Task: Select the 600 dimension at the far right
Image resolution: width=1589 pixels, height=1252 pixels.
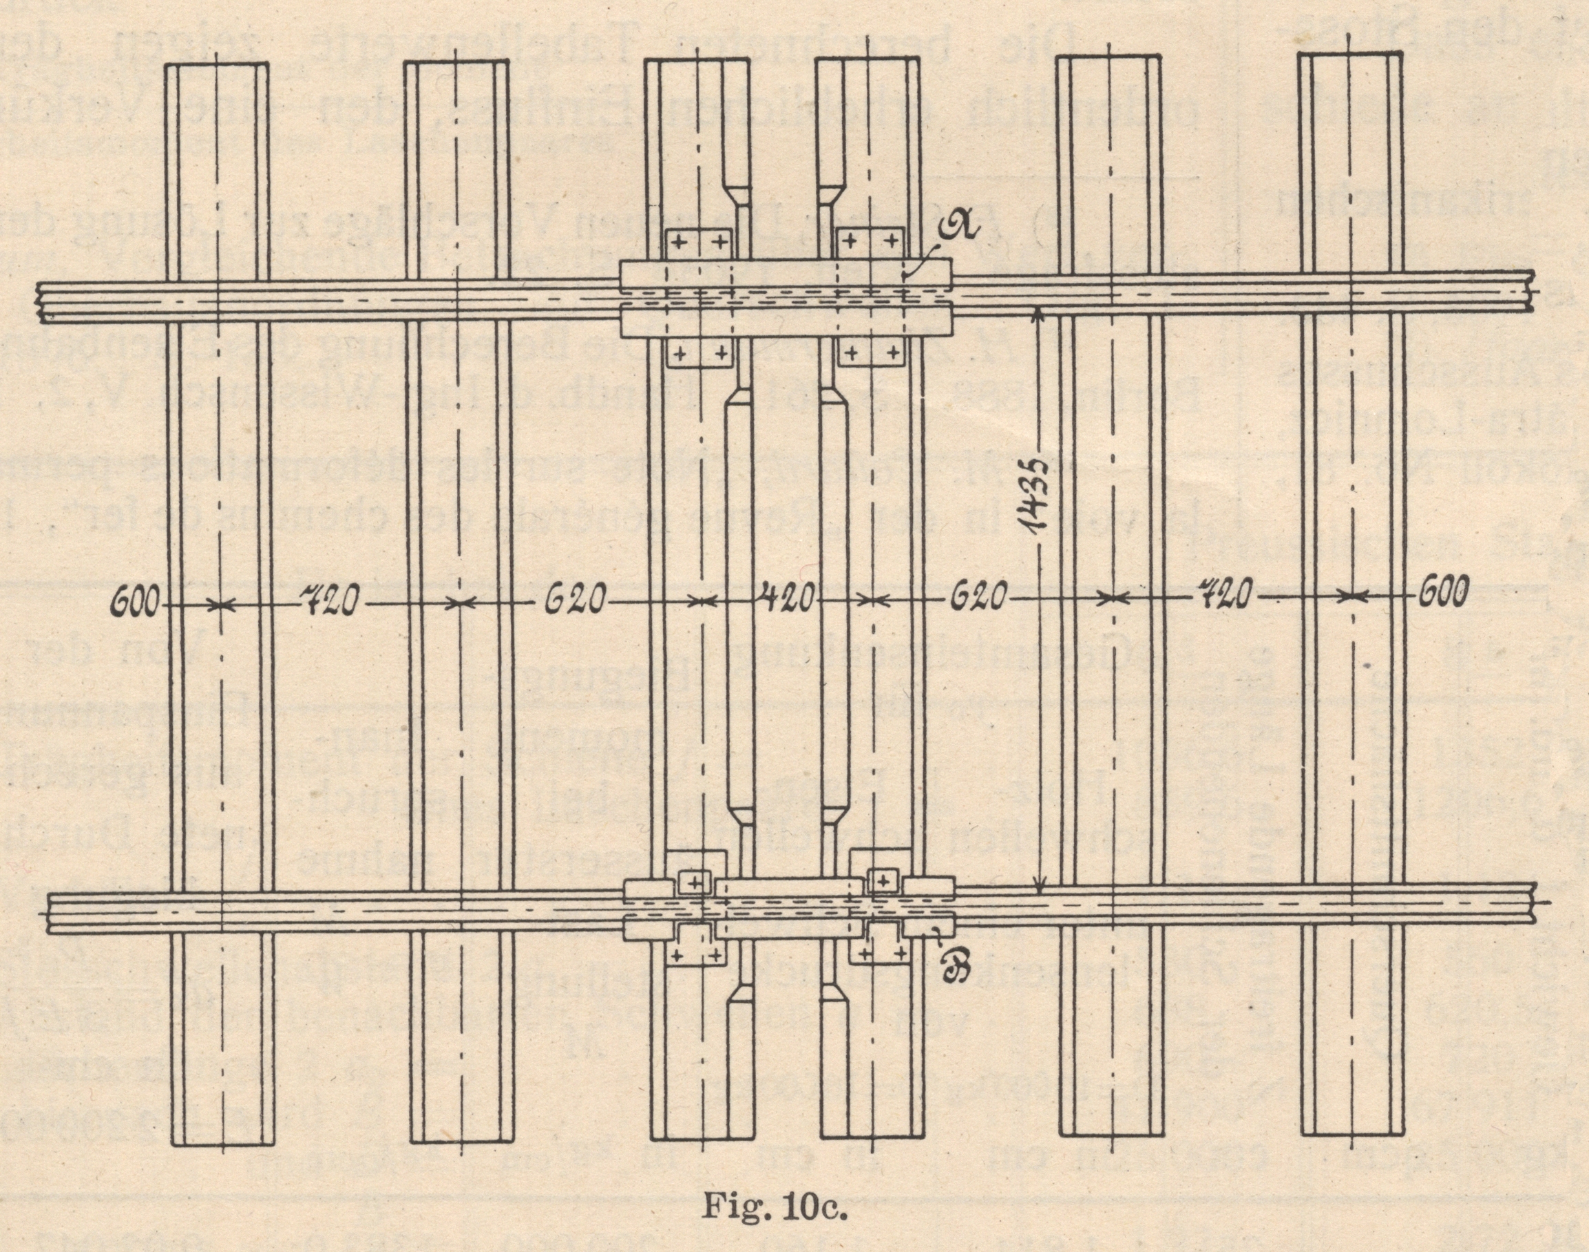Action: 1442,593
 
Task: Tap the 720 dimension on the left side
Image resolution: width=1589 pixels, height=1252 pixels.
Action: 327,603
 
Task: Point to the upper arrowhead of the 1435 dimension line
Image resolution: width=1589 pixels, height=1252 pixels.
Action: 1037,317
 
